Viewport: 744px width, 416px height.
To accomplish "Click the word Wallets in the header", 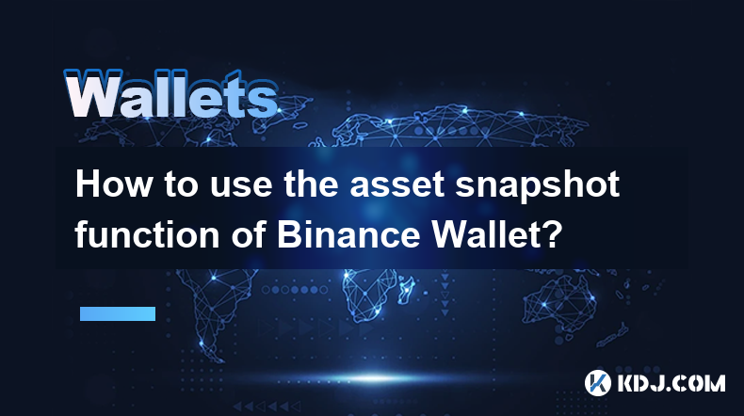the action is [x=171, y=94].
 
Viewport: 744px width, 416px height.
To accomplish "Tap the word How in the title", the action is [x=113, y=184].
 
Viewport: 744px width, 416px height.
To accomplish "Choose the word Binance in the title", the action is [x=348, y=234].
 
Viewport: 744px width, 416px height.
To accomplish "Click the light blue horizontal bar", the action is [x=118, y=313].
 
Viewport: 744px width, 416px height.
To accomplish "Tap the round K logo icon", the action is [x=598, y=383].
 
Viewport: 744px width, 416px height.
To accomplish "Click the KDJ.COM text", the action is [x=671, y=383].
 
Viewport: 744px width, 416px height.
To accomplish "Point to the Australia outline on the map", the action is [x=560, y=299].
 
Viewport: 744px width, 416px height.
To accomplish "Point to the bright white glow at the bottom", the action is [x=375, y=378].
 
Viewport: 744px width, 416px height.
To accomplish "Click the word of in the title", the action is [x=248, y=234].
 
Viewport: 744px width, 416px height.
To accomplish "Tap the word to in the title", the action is [x=181, y=186].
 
